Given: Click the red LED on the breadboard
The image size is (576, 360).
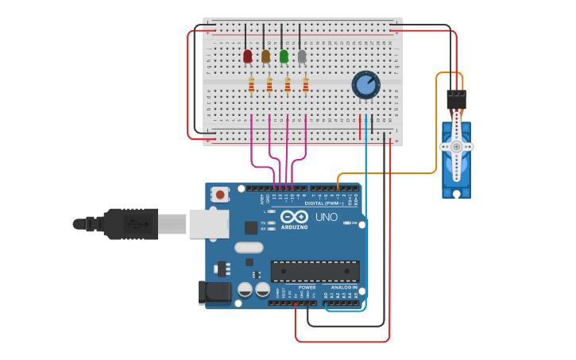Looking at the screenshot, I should [247, 56].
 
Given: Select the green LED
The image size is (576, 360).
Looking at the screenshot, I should [284, 56].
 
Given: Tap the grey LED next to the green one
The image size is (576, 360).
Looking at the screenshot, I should [302, 56].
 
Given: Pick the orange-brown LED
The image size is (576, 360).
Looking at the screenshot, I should [265, 56].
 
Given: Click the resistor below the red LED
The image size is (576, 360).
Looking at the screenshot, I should [251, 84].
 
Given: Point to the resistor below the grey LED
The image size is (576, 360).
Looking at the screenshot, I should [306, 84].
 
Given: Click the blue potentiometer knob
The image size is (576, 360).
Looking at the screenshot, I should [365, 84].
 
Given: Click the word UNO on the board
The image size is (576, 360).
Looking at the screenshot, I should [327, 217].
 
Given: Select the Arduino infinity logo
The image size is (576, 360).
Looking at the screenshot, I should [294, 217].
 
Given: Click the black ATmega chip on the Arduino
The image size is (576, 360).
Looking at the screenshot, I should [315, 271].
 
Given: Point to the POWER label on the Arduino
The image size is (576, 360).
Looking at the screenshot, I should [307, 288].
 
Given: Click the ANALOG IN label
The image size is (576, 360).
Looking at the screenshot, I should [344, 288].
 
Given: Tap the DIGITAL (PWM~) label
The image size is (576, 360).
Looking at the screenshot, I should [326, 203].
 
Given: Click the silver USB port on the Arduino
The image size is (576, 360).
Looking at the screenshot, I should [208, 223].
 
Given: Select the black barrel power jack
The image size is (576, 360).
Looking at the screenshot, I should [215, 292].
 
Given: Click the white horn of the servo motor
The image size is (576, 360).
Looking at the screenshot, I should [457, 147].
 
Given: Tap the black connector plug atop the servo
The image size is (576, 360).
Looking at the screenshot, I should [456, 99].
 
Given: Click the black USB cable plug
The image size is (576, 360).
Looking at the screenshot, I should [127, 223].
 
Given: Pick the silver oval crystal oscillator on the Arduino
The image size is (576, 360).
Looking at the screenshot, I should [248, 247].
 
